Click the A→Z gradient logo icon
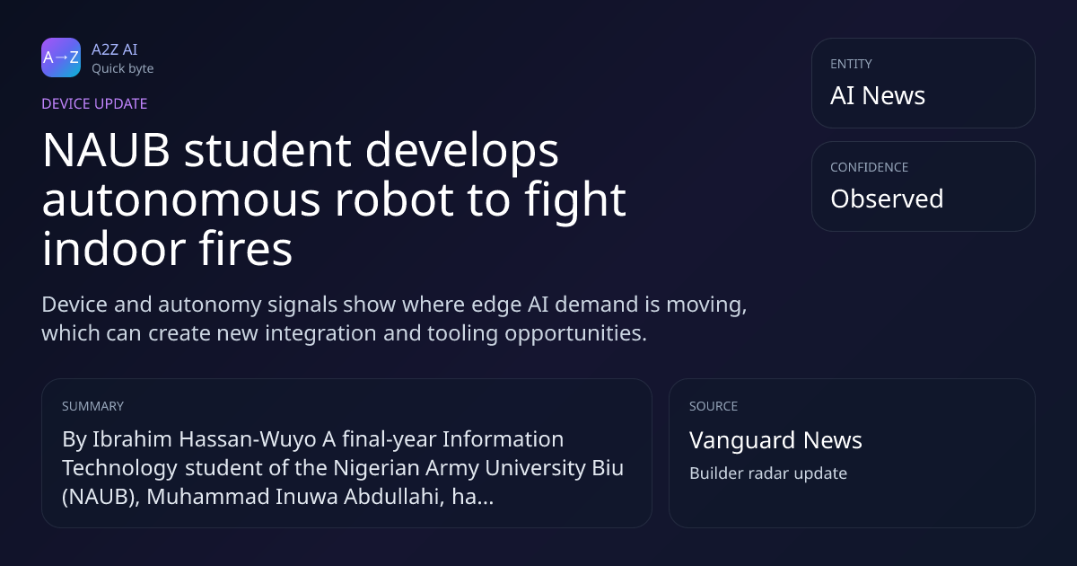click(61, 57)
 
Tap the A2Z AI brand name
click(115, 49)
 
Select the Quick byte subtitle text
click(123, 69)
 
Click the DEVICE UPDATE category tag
click(94, 103)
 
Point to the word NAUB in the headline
click(106, 150)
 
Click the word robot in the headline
click(394, 199)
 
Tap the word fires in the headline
click(245, 249)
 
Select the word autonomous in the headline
click(181, 200)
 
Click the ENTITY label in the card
click(851, 64)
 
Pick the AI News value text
click(878, 95)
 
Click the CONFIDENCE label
click(870, 167)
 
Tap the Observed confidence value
click(887, 199)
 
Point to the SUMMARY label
click(92, 406)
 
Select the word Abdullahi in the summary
click(394, 497)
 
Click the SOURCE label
click(714, 406)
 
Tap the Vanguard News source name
click(775, 440)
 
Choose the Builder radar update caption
click(768, 473)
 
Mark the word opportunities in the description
click(575, 333)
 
